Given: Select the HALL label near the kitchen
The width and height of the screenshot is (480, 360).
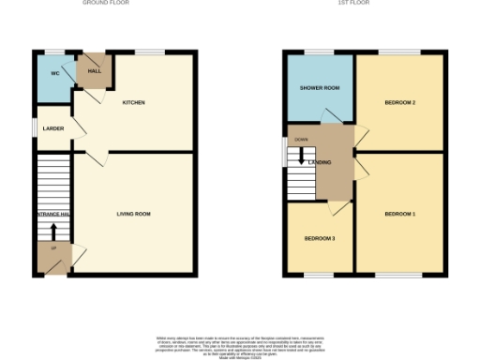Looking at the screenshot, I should pyautogui.click(x=95, y=70).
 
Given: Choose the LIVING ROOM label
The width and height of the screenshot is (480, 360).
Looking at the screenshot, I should pyautogui.click(x=134, y=214).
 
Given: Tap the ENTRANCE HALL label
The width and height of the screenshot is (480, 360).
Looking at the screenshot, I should pyautogui.click(x=52, y=214).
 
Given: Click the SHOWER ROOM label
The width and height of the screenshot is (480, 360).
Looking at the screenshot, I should pyautogui.click(x=320, y=88).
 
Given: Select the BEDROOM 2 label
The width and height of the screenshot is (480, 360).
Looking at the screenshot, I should pyautogui.click(x=400, y=101).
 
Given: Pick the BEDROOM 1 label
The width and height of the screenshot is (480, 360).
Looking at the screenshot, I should pyautogui.click(x=400, y=214).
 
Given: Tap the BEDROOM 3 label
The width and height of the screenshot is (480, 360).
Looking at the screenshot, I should pyautogui.click(x=320, y=238).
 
